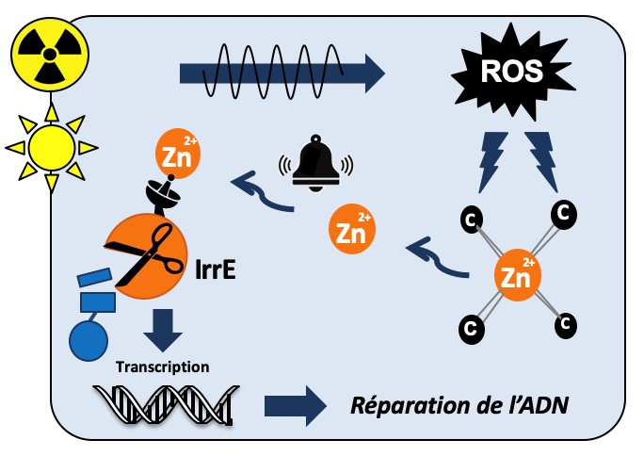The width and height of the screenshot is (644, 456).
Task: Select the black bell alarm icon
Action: [314, 165]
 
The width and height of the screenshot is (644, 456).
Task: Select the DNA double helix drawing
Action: [162, 402]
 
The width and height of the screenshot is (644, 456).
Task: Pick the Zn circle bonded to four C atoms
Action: [517, 276]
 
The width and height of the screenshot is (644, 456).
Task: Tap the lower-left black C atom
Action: [469, 329]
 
